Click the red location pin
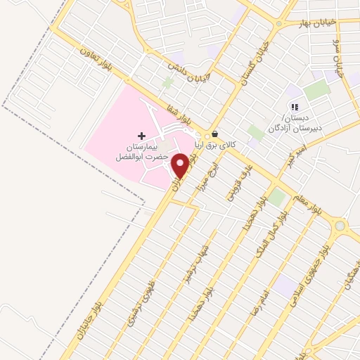click(x=181, y=166)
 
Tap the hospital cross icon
click(x=141, y=135)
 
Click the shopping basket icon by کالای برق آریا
click(x=214, y=134)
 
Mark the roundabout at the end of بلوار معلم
click(x=341, y=226)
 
